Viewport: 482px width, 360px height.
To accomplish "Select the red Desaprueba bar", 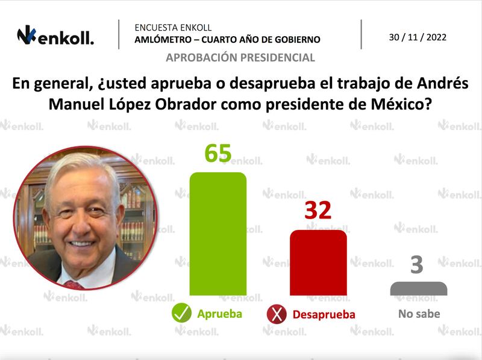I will coord(318,262).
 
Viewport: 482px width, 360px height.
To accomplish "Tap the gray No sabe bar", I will coord(419,288).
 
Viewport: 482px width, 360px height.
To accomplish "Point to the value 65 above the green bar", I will coord(218,154).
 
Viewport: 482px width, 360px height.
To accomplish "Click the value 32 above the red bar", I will coord(318,211).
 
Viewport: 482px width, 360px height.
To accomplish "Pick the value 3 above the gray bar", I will coord(417,265).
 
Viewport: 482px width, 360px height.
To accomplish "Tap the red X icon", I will coord(276,314).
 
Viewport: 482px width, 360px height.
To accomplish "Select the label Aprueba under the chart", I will coord(219,314).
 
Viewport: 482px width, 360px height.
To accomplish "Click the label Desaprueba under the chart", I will coord(324,314).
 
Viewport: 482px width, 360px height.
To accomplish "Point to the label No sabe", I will coord(419,314).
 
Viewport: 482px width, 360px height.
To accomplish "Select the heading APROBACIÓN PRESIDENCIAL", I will coord(240,58).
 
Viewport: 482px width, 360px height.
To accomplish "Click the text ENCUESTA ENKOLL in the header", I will coord(173,28).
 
